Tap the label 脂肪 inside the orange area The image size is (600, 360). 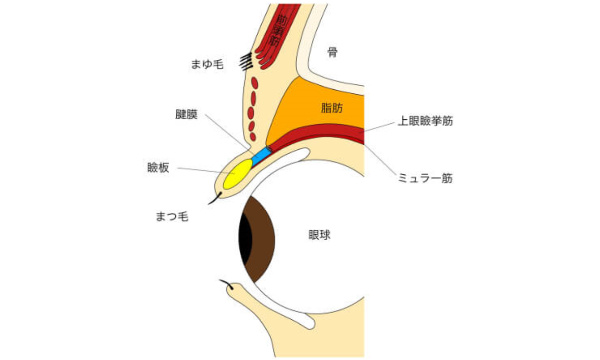pos(332,106)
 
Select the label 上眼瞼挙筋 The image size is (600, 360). pos(426,120)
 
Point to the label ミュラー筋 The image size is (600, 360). pos(425,179)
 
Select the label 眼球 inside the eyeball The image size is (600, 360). pos(320,236)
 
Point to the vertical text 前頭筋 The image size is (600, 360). pos(281,33)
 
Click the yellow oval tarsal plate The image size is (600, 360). pos(237,175)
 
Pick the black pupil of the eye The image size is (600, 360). pos(244,236)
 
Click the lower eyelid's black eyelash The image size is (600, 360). pos(228,286)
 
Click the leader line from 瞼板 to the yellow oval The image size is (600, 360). pos(200,170)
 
